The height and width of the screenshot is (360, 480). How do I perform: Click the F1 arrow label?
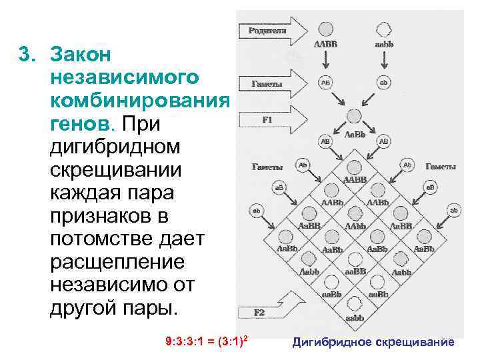point(266,121)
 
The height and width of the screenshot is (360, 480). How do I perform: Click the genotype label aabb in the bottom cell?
point(355,318)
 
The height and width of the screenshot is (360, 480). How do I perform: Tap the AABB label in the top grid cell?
point(354,179)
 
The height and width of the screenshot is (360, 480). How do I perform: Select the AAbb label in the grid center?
point(355,226)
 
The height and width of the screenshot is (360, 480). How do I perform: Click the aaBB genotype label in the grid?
point(355,272)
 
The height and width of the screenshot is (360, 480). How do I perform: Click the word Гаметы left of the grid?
point(266,167)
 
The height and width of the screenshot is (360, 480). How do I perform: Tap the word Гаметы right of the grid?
point(441,167)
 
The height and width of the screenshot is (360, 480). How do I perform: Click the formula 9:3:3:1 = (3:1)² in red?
point(207,342)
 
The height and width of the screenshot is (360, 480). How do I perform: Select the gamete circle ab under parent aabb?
point(383,83)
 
